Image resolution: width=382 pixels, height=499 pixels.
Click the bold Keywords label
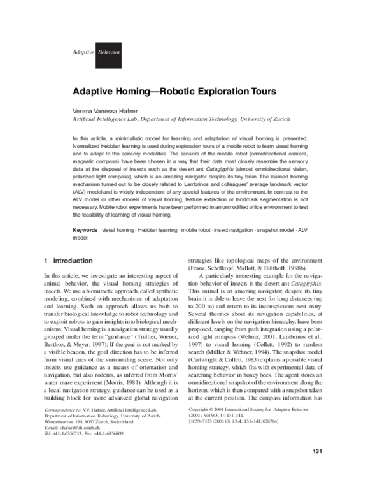point(85,228)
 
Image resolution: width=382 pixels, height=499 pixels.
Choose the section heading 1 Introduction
point(67,261)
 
